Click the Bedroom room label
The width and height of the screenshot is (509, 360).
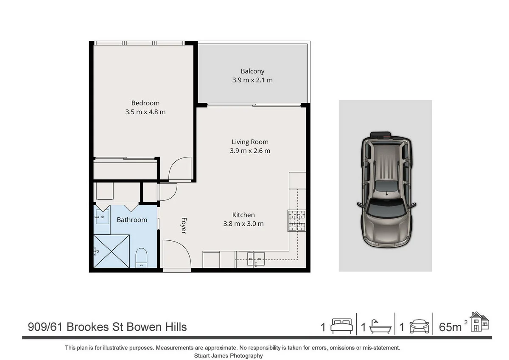145,103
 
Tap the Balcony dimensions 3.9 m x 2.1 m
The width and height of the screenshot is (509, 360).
252,80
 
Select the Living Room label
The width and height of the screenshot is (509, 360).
250,142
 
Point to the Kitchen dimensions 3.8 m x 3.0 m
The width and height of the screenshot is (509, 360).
243,224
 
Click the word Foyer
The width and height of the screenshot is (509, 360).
184,225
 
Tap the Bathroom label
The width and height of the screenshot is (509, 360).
132,220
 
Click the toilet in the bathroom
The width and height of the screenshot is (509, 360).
141,258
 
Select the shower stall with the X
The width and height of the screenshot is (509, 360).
112,251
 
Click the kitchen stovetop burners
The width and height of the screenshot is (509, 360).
296,221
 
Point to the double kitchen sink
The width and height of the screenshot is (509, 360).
256,259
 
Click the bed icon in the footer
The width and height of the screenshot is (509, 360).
341,326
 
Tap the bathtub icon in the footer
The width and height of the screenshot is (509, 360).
380,326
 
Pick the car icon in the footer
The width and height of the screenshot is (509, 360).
419,326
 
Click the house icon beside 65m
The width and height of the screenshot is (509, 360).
479,321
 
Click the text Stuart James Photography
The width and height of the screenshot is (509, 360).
228,356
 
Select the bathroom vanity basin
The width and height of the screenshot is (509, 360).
102,217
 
